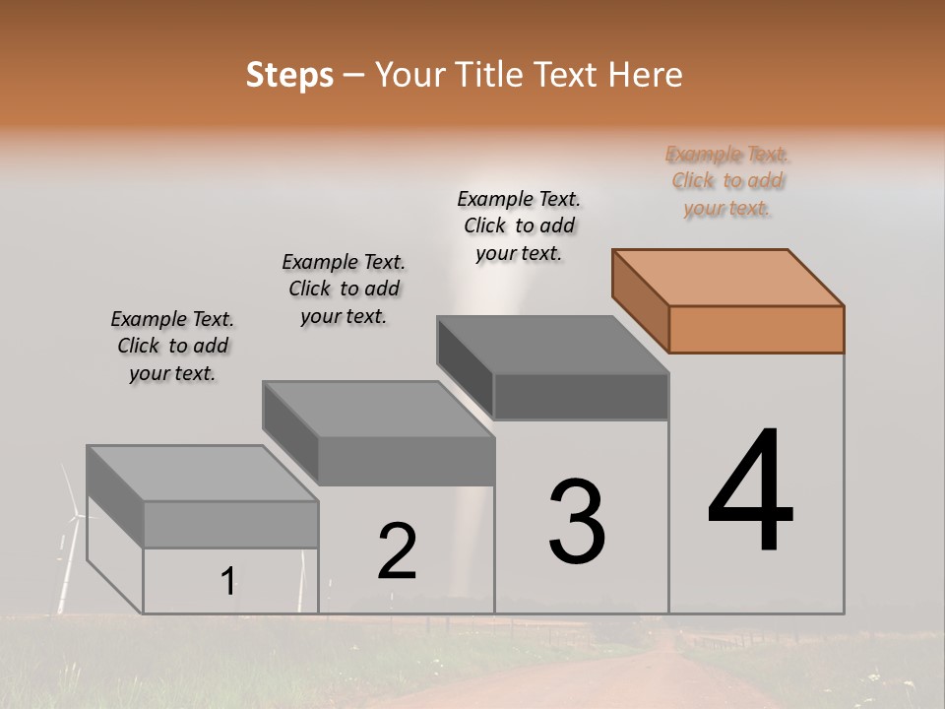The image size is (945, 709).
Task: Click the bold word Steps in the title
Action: click(289, 75)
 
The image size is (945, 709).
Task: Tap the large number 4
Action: click(751, 492)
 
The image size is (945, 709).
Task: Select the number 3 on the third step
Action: click(577, 522)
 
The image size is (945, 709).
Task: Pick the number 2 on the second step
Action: click(398, 551)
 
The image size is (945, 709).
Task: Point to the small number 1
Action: click(227, 582)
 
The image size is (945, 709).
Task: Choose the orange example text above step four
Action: click(727, 181)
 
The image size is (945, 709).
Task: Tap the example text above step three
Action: click(519, 226)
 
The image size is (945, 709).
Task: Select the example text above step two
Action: click(344, 289)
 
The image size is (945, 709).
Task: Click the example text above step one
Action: click(172, 346)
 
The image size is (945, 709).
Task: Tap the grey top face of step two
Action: click(378, 409)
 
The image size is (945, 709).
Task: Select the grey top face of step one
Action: click(202, 473)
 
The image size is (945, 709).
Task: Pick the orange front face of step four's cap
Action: click(756, 329)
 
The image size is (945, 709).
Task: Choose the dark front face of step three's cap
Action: click(581, 396)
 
